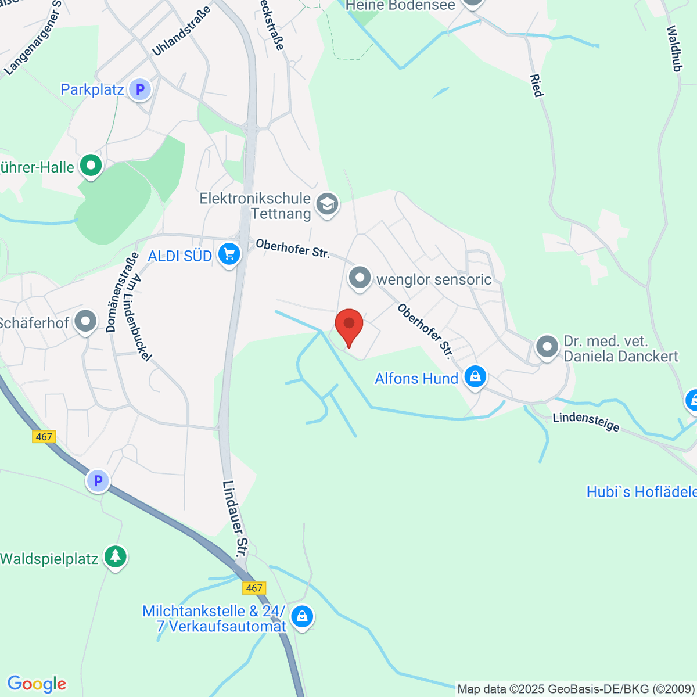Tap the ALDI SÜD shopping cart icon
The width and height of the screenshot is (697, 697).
pos(229,254)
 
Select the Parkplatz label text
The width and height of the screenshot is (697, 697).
pos(92,89)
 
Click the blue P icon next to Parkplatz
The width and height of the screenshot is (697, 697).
pos(139,89)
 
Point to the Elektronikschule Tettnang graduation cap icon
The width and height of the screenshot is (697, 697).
pos(327,204)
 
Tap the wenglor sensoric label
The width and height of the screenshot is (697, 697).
pos(434,279)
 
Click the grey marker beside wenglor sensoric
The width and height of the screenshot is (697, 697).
pos(360,278)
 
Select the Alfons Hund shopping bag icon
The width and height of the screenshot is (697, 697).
pos(475,376)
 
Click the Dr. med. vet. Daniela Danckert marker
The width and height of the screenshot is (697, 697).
pos(547,347)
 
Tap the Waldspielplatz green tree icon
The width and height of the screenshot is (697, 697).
pos(116,556)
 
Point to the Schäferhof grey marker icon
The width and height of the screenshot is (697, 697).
pos(87,321)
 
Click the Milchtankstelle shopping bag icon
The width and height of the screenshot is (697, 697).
pos(302,616)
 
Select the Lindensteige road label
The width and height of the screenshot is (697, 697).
pos(586,422)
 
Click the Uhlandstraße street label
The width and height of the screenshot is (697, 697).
pos(181,36)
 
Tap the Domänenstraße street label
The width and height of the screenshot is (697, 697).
pos(115,292)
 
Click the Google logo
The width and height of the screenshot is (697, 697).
pos(37,684)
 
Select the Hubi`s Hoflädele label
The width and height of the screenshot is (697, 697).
pos(641,492)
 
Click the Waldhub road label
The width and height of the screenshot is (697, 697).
pos(674,49)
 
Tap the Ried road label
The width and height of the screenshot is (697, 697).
pos(536,85)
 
